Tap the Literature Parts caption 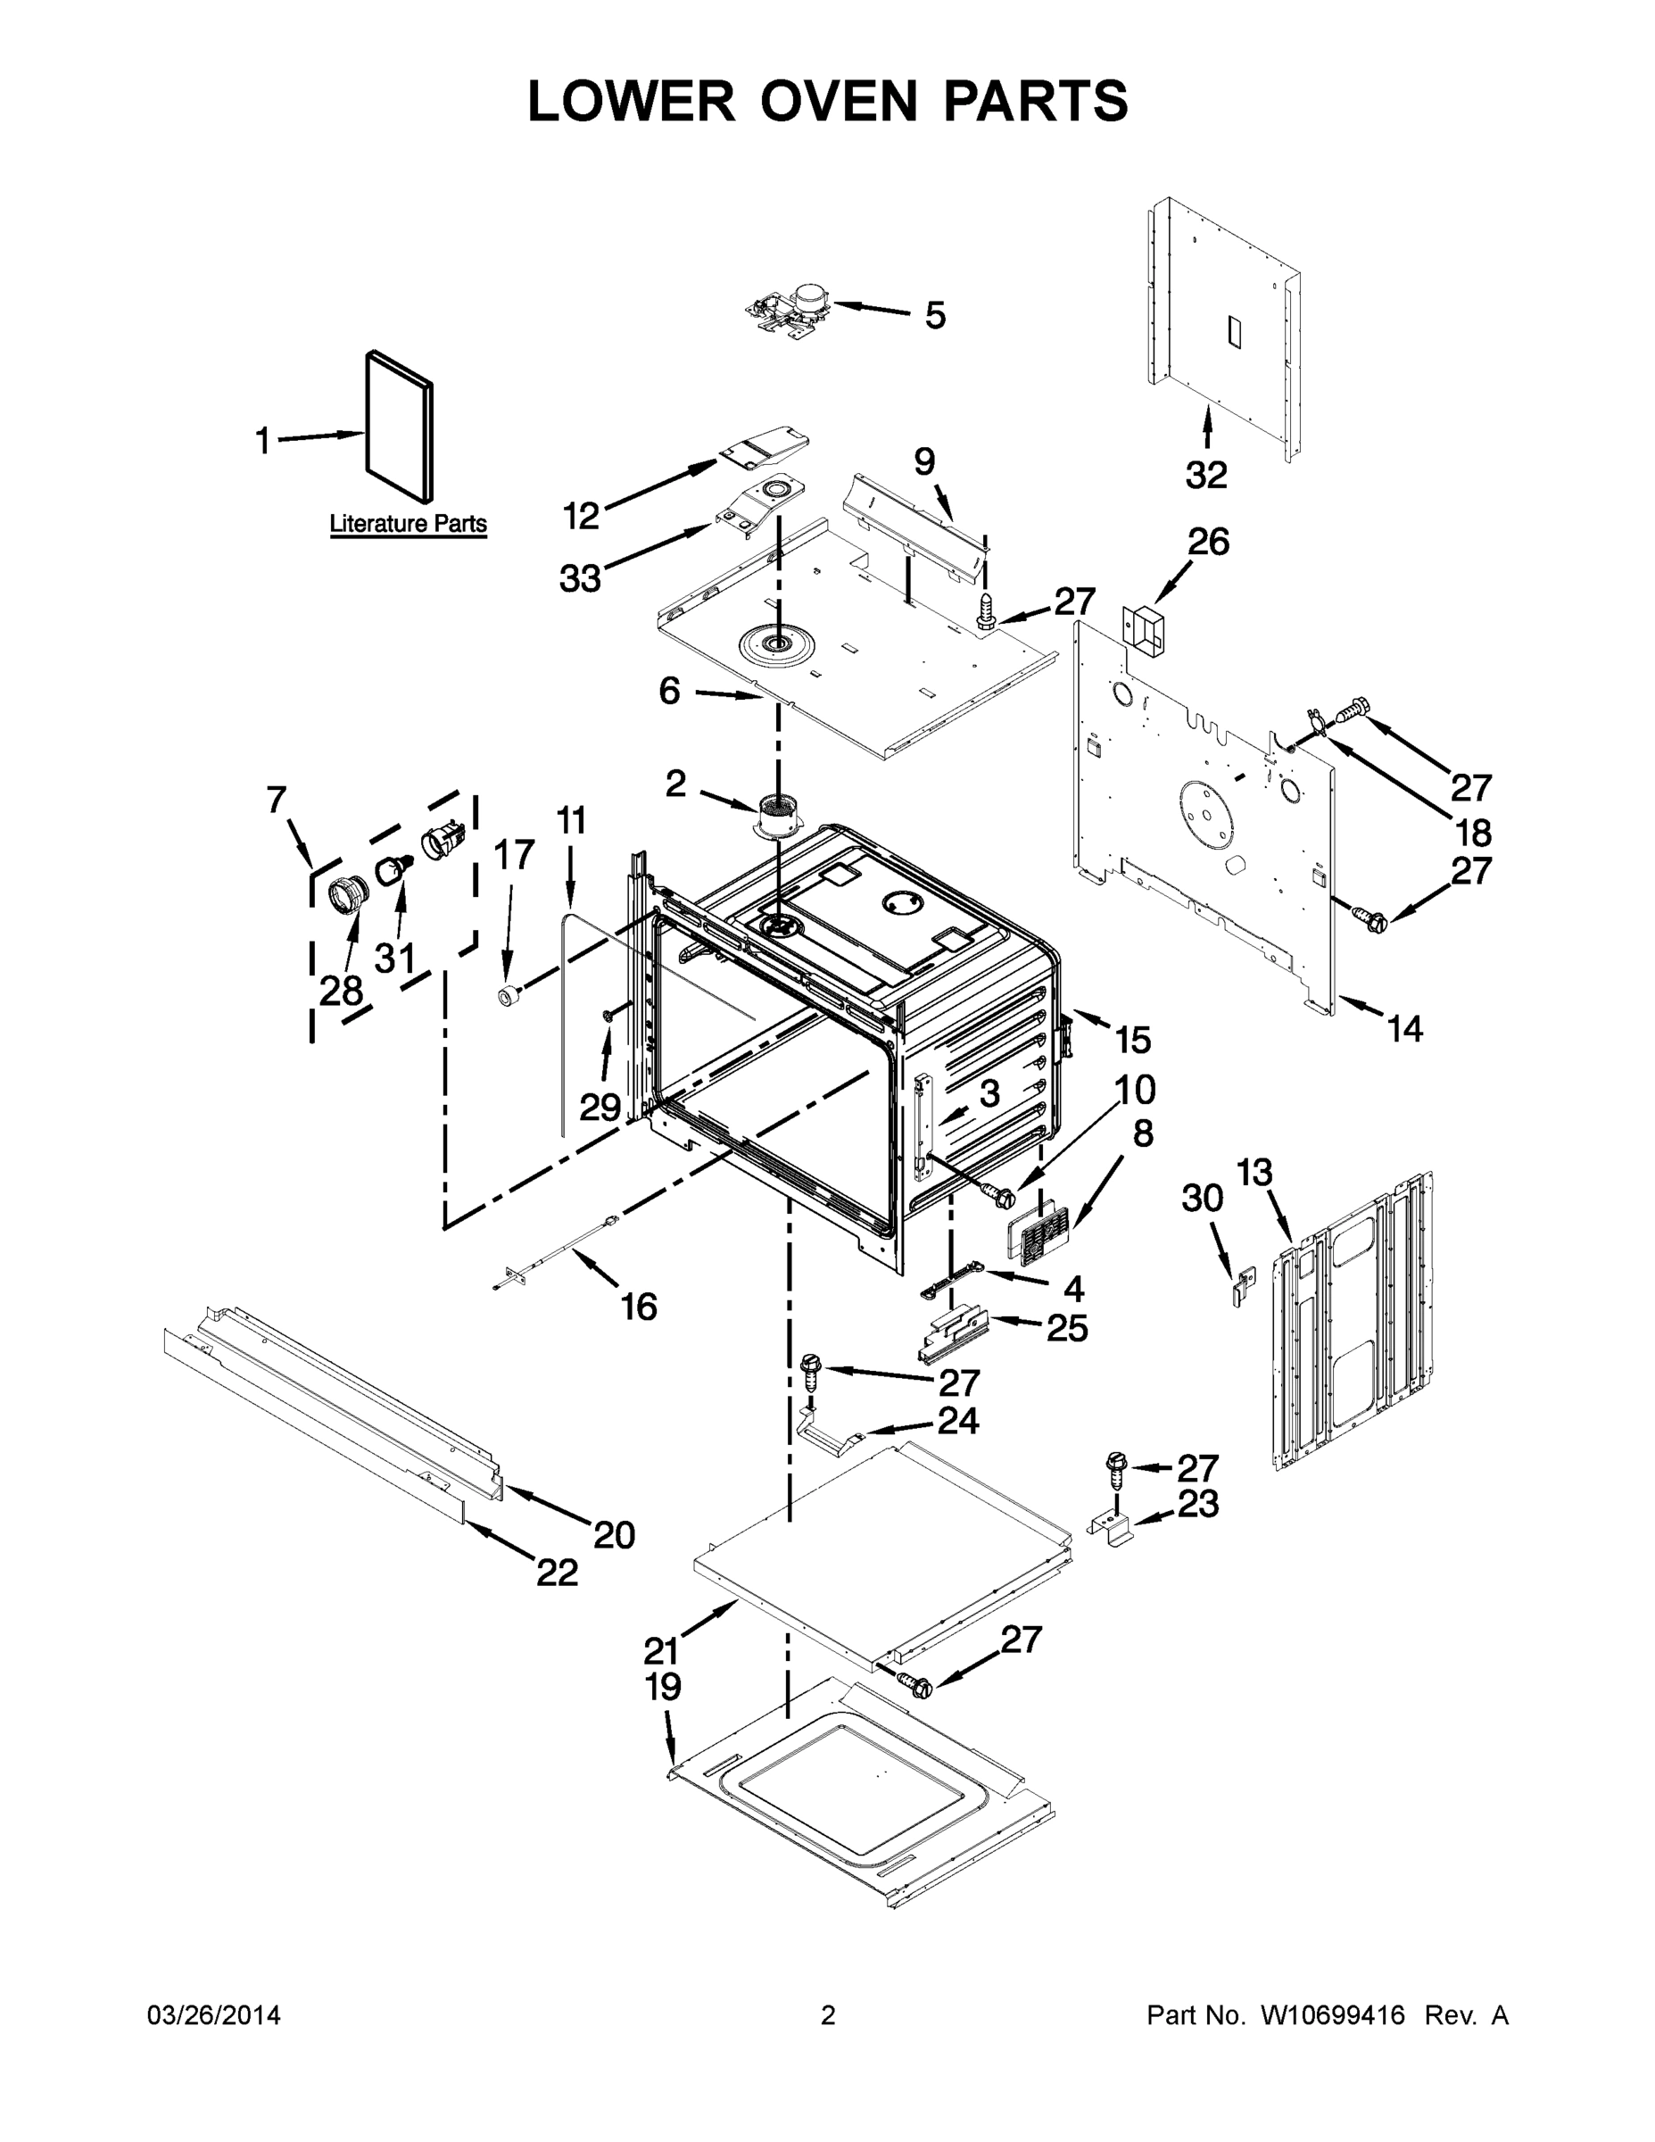408,523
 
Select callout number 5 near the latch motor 935,316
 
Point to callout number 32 1206,475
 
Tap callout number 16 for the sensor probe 638,1307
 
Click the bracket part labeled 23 1113,1527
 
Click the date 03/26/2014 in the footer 214,2015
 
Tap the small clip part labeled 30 1242,1283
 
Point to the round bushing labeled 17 508,996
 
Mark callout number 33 579,578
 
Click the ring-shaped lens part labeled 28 345,896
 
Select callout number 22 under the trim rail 557,1573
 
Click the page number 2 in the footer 828,2015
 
